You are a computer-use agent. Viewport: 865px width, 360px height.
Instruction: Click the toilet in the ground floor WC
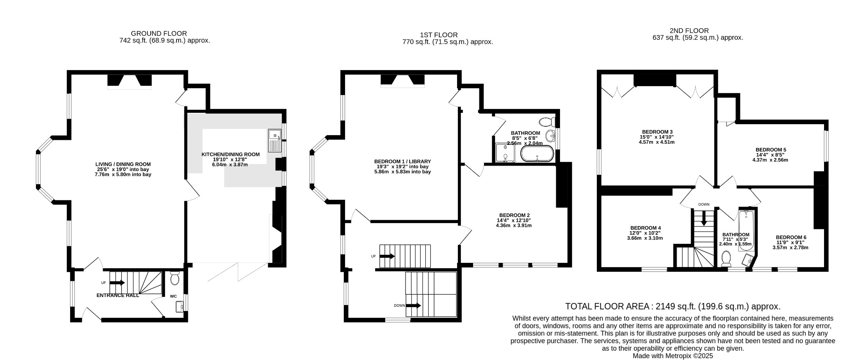coord(174,278)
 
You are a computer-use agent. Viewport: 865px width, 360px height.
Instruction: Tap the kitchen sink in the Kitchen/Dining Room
coord(275,140)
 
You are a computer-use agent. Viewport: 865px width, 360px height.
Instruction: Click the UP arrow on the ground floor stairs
coord(117,283)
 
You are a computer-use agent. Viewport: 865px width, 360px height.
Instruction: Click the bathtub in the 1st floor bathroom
coord(537,154)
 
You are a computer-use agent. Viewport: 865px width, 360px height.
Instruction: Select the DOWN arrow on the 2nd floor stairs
coord(704,218)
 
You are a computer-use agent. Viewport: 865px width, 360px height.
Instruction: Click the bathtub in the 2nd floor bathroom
coord(746,230)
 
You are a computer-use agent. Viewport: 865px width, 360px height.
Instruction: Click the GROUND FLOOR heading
coord(159,33)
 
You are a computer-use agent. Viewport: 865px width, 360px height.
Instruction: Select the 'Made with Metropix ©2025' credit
coord(673,356)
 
